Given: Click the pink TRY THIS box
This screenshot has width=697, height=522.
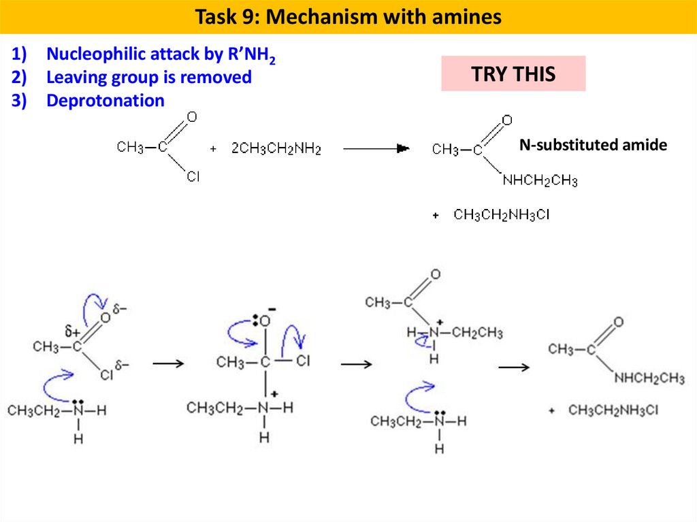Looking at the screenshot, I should [513, 74].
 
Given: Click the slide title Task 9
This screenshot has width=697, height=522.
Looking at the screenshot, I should [348, 17].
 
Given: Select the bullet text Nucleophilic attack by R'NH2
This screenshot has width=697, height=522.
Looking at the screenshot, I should [161, 55].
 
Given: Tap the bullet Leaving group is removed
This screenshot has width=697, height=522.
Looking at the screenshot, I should [148, 78].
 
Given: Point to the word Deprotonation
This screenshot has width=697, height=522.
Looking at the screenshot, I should [105, 101].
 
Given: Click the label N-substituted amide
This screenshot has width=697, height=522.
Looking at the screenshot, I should [593, 145].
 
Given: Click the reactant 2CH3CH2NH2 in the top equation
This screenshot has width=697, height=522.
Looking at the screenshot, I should [276, 148].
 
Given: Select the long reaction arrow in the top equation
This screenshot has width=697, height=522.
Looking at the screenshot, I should [375, 148].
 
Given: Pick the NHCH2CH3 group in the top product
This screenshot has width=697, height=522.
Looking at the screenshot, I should [540, 180].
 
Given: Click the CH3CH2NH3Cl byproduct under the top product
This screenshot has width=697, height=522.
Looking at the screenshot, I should [501, 216].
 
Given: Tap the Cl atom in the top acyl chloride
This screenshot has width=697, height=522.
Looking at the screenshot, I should [193, 178].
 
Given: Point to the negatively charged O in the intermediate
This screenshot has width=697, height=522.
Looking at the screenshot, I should [264, 319].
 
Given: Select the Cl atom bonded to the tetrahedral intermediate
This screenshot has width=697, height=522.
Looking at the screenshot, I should [302, 361].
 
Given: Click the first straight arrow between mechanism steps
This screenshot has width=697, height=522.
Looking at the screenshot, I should [168, 363].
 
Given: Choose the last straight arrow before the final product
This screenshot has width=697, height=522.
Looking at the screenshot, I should [514, 368].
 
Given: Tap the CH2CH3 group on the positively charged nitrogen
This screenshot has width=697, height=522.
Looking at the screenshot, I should [477, 333].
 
